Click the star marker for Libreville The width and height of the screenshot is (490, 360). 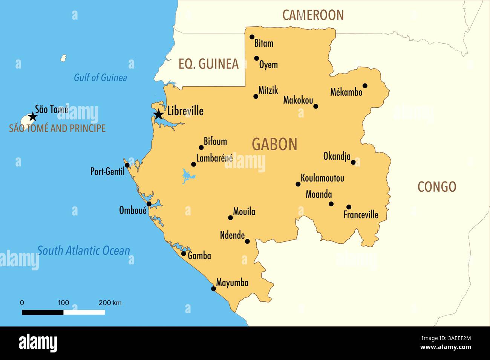(159, 114)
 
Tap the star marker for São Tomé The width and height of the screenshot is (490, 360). (33, 116)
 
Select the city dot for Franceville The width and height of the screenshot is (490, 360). (349, 207)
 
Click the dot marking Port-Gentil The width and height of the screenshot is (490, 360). (127, 165)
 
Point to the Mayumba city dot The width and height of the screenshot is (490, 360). (213, 289)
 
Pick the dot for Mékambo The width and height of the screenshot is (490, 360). (365, 85)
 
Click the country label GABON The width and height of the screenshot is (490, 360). (274, 145)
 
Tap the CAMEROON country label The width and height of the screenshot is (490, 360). (313, 15)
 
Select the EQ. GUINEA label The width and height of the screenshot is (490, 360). (208, 64)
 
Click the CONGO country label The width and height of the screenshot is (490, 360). (436, 187)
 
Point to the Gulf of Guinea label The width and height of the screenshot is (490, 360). (100, 78)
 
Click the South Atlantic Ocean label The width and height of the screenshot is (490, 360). (83, 251)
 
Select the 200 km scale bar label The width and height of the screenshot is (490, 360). (110, 303)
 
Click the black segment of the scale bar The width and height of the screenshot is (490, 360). (43, 312)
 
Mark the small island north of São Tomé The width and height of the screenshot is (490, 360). (64, 58)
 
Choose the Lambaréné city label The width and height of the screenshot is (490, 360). (214, 159)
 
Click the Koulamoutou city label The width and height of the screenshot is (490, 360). (322, 178)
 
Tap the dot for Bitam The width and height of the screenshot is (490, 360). (252, 37)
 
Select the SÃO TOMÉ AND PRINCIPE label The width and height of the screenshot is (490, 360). (57, 128)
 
